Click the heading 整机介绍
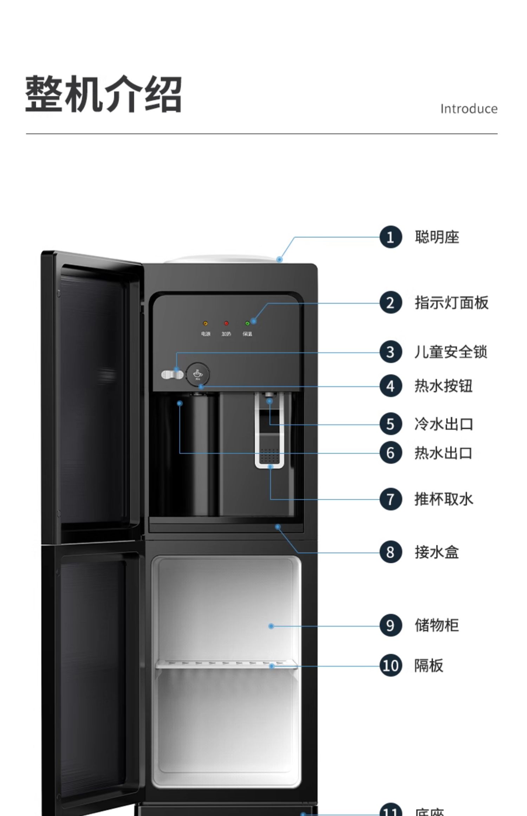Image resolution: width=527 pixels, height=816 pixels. tap(104, 94)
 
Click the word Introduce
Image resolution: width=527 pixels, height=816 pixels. tap(469, 109)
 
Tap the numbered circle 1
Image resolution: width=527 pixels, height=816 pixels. tap(390, 237)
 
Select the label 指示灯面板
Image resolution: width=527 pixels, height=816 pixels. tap(451, 303)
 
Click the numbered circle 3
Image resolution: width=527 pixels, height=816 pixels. tap(390, 352)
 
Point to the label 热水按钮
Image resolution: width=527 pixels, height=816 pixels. tap(443, 386)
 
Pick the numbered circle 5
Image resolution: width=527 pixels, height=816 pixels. tap(390, 424)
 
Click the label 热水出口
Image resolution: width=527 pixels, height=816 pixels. tap(443, 453)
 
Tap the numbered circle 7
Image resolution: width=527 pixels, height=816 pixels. tap(390, 499)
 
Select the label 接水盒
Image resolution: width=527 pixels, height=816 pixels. tap(437, 552)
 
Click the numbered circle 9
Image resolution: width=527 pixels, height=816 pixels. tap(390, 625)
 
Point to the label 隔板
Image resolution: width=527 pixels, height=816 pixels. tap(429, 665)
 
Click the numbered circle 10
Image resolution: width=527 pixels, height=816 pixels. tap(390, 665)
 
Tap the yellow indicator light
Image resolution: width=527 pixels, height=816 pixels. tap(206, 323)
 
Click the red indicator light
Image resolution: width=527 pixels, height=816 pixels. tap(226, 323)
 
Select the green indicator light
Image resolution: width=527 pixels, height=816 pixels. tap(247, 323)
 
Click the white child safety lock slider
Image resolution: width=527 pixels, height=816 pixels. tap(172, 375)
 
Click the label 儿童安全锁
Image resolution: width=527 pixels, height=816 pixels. tap(451, 352)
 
